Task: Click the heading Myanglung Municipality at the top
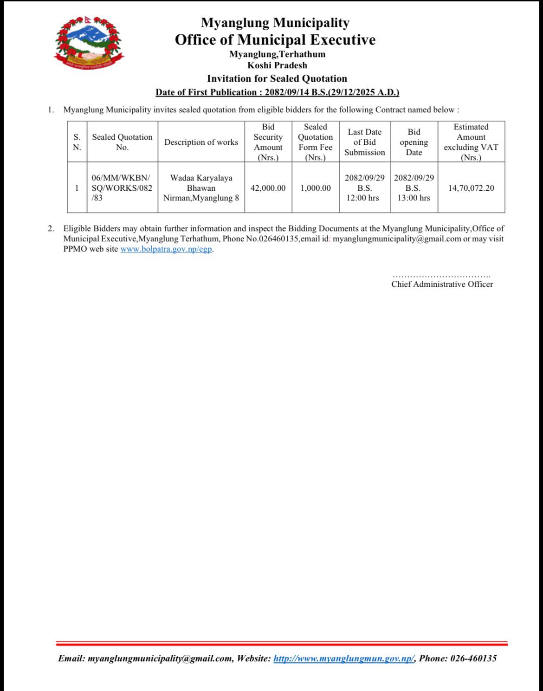[x=275, y=22]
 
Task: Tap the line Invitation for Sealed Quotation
[x=277, y=78]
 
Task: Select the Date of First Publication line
[x=277, y=92]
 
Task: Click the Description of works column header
[x=201, y=142]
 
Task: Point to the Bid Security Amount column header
[x=268, y=142]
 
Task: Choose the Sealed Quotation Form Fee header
[x=315, y=142]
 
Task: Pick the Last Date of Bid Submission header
[x=364, y=142]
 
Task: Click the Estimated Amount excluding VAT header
[x=471, y=142]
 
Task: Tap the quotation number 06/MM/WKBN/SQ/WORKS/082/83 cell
[x=122, y=188]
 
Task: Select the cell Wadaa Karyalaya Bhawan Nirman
[x=201, y=188]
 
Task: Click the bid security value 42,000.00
[x=268, y=188]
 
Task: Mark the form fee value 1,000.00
[x=316, y=188]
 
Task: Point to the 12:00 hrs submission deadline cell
[x=364, y=188]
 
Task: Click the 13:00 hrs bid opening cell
[x=414, y=188]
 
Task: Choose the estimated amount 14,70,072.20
[x=471, y=188]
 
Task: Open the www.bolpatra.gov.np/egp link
[x=167, y=249]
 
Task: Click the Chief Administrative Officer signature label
[x=442, y=284]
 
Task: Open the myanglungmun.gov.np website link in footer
[x=343, y=658]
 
